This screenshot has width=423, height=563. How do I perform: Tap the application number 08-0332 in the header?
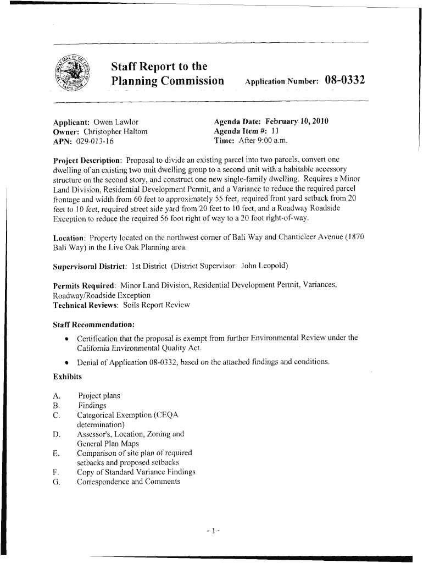(x=345, y=81)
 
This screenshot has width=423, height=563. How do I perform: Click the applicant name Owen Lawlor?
(x=115, y=122)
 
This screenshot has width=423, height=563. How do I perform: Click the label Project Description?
(x=87, y=160)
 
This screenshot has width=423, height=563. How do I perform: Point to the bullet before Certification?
(x=66, y=338)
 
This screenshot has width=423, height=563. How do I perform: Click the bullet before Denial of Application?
(x=66, y=362)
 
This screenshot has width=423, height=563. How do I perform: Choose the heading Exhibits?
(x=67, y=377)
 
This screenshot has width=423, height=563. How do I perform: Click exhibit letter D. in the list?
(x=56, y=434)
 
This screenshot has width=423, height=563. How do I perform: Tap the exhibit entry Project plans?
(x=99, y=396)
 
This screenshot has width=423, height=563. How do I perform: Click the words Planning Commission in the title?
(x=168, y=81)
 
